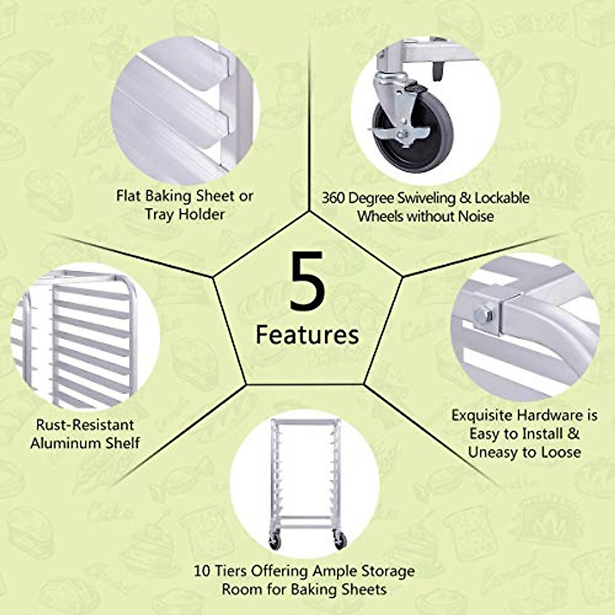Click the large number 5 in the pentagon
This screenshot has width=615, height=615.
(x=307, y=281)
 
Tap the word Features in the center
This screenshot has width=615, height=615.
(x=307, y=335)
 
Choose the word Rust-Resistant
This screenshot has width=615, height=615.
(x=78, y=425)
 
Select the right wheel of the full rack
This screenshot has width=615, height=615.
(x=340, y=540)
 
